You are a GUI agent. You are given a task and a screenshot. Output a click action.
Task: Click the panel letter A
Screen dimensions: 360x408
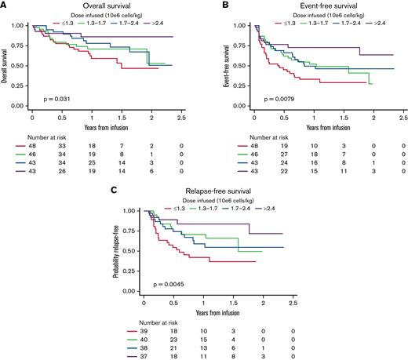(x=6, y=6)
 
